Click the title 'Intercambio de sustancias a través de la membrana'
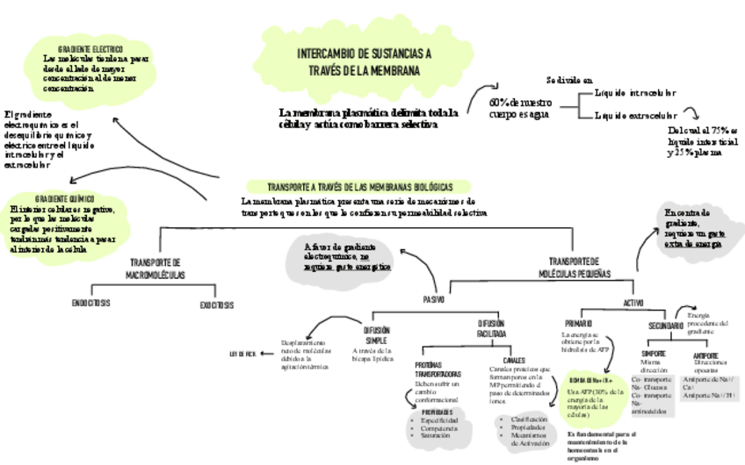pyautogui.click(x=365, y=61)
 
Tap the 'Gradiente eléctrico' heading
pyautogui.click(x=90, y=49)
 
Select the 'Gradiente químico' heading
pyautogui.click(x=65, y=199)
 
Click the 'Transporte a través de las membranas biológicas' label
pyautogui.click(x=360, y=188)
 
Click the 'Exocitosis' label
pyautogui.click(x=216, y=305)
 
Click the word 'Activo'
pyautogui.click(x=633, y=303)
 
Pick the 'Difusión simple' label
pyautogui.click(x=377, y=335)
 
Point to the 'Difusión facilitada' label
pyautogui.click(x=490, y=328)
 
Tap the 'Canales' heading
pyautogui.click(x=514, y=360)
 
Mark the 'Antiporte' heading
pyautogui.click(x=705, y=355)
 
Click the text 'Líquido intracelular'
pyautogui.click(x=635, y=93)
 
